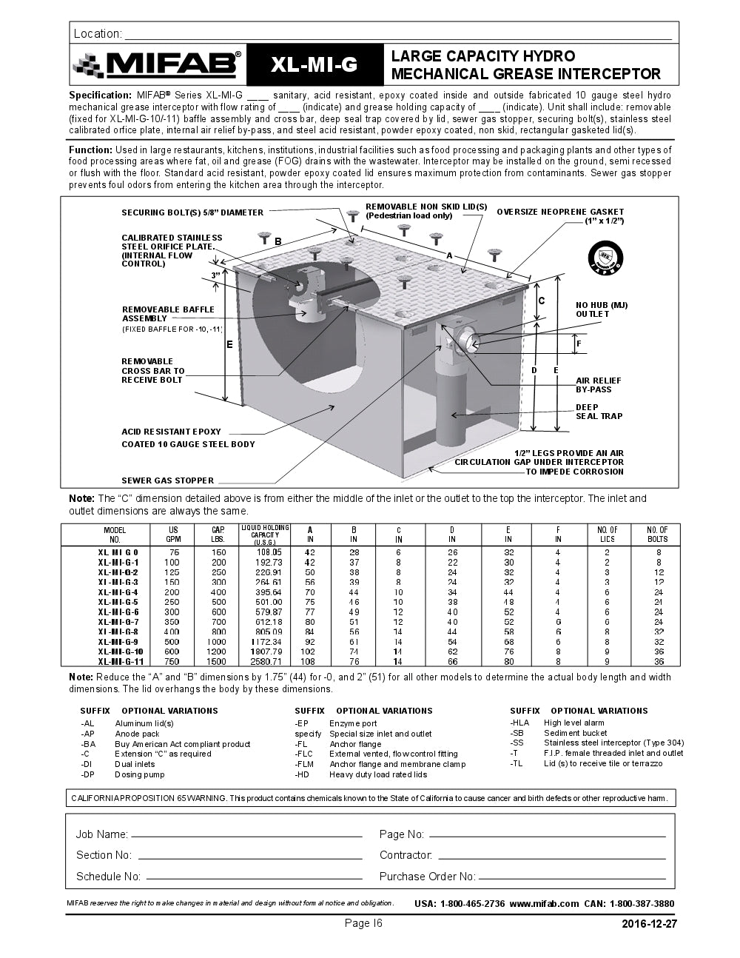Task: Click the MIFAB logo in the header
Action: (x=157, y=65)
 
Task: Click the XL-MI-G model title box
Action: (x=314, y=65)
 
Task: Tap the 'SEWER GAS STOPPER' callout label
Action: (x=167, y=480)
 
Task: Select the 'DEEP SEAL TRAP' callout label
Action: (x=599, y=412)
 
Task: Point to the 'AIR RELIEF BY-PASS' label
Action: (x=598, y=385)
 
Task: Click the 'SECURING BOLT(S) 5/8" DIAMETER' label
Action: (x=192, y=212)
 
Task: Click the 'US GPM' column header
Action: (x=174, y=535)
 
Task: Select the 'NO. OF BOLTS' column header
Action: (x=657, y=535)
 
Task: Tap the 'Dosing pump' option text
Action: (x=139, y=774)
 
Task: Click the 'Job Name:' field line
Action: (x=246, y=835)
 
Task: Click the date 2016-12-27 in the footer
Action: (x=649, y=924)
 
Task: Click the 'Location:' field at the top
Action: (x=398, y=34)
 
